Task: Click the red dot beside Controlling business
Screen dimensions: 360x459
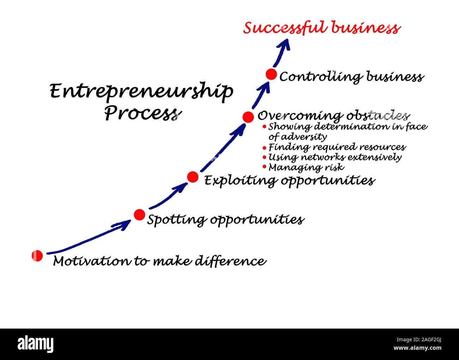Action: tap(271, 74)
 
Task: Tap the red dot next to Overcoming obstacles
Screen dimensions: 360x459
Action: tap(248, 117)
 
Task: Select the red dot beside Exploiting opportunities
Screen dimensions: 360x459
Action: tap(192, 177)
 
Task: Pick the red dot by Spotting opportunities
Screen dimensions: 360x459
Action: tap(139, 214)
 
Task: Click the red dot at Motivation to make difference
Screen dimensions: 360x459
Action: tap(37, 256)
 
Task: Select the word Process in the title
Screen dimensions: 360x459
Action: tap(141, 113)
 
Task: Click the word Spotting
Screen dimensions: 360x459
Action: tap(177, 220)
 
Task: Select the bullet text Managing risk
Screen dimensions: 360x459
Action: tap(306, 167)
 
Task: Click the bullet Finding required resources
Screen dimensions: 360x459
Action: tap(337, 147)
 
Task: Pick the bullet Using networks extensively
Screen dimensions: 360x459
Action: tap(335, 157)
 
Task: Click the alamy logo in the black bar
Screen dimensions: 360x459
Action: tap(36, 344)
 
